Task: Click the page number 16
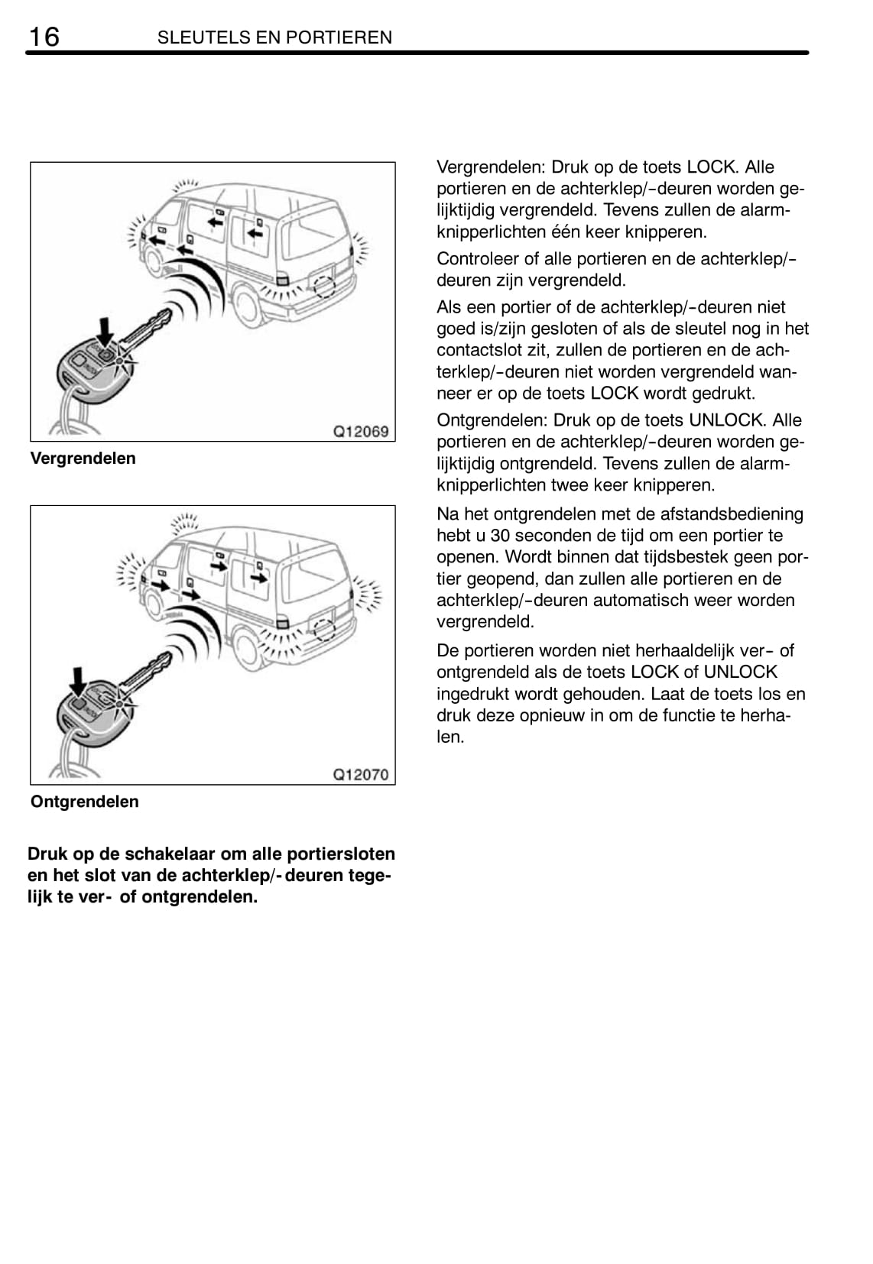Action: pos(44,36)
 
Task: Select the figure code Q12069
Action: pos(361,431)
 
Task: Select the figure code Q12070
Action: pos(361,774)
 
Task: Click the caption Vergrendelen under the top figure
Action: pos(83,459)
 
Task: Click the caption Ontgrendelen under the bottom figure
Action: pos(85,802)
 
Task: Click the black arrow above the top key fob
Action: pos(105,331)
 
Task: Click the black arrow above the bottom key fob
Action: pos(77,679)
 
